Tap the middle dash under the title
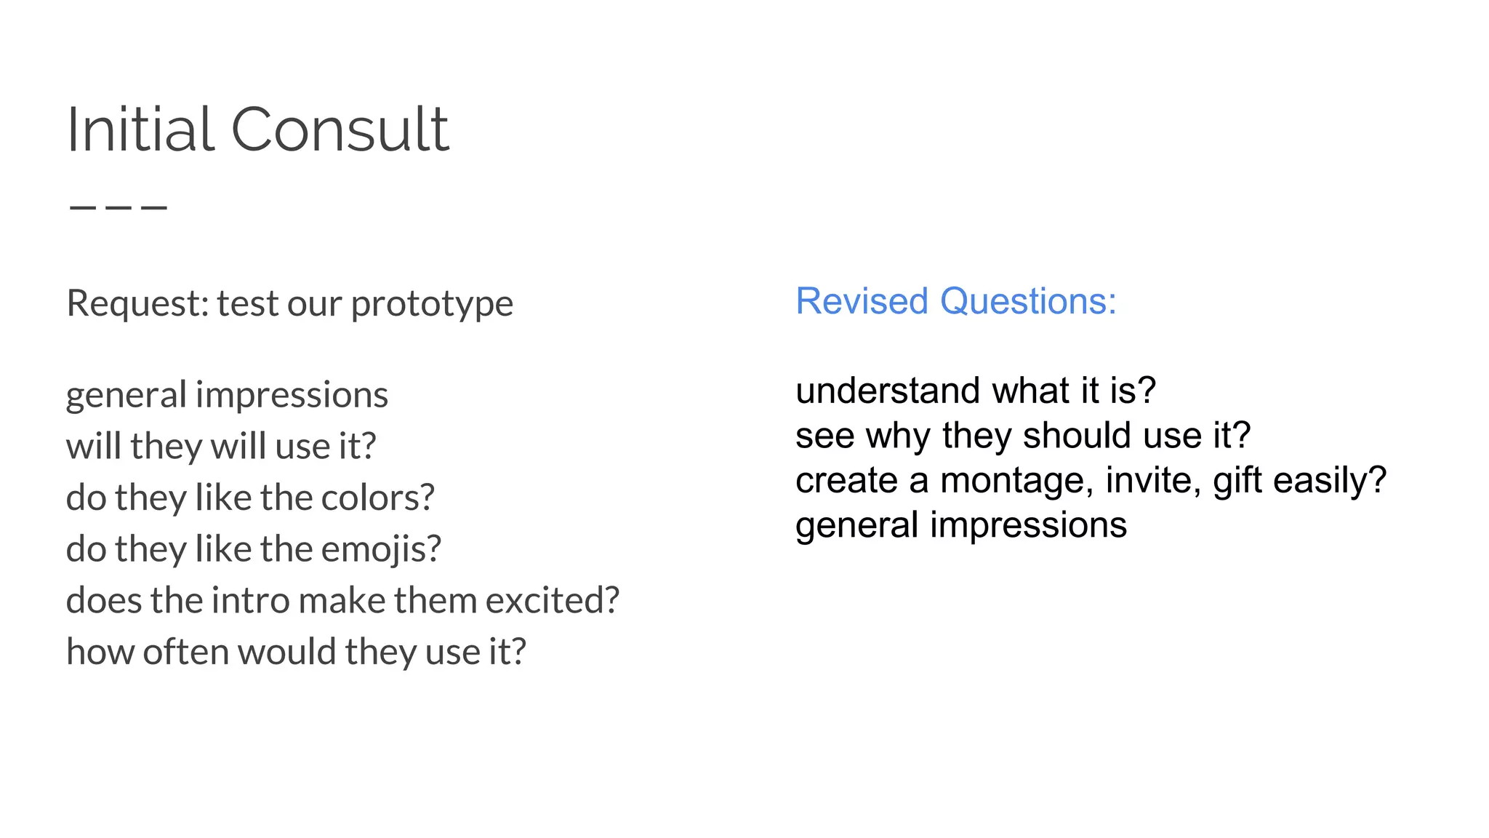119,207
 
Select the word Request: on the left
137,303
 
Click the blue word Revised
862,301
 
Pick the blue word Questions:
1028,301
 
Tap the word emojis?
381,550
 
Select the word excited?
553,601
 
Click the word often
186,652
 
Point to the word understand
888,391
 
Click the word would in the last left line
287,652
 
